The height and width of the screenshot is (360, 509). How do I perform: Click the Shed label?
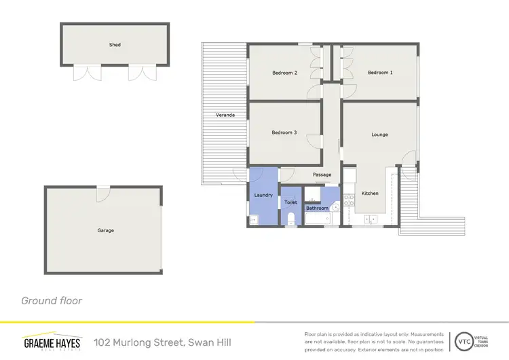click(x=115, y=45)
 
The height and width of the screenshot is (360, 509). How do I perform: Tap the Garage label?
click(x=105, y=230)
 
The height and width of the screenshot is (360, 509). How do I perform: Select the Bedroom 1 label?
click(x=380, y=72)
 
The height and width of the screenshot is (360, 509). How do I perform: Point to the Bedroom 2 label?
click(x=285, y=72)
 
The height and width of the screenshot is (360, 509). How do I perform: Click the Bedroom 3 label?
click(x=284, y=132)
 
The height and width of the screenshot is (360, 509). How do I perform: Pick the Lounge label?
click(x=379, y=134)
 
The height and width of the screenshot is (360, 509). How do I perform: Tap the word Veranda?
click(x=225, y=115)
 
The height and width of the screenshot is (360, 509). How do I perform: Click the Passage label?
click(x=322, y=175)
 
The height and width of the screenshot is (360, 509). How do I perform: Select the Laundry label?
click(x=263, y=196)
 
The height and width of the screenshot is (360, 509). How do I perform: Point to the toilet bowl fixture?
click(x=291, y=218)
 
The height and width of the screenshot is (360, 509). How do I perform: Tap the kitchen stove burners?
click(x=350, y=200)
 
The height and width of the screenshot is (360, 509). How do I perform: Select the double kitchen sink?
click(x=371, y=219)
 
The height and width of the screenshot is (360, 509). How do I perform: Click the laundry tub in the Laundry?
click(x=254, y=219)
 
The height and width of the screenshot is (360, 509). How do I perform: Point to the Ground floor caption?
click(x=52, y=300)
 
